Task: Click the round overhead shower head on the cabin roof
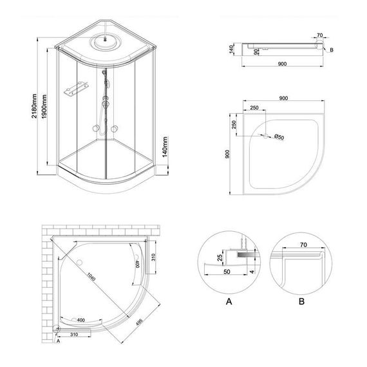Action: point(103,40)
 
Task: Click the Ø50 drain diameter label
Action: point(279,136)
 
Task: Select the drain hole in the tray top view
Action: point(264,136)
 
